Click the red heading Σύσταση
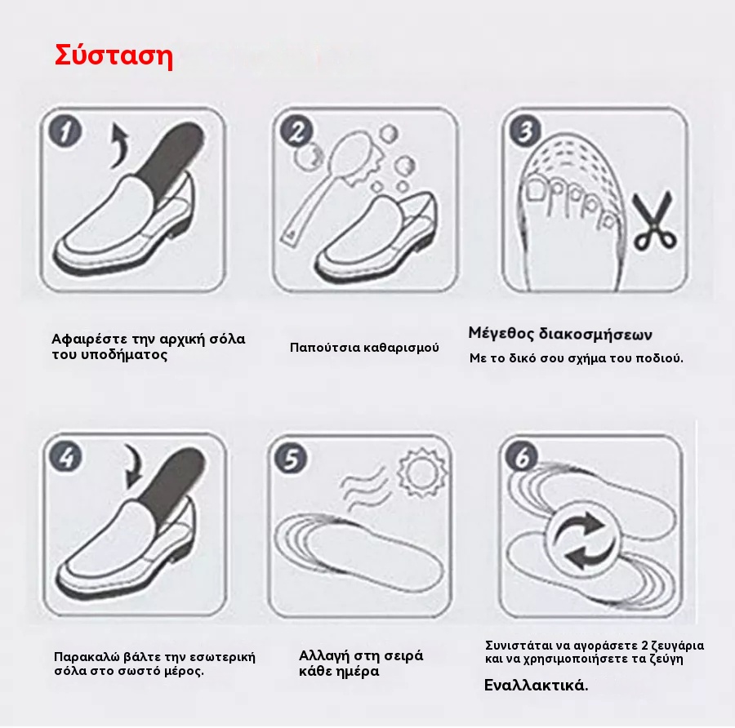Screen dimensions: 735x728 (x=114, y=56)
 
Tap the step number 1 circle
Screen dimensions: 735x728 (x=65, y=131)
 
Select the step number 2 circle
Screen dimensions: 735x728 (x=296, y=131)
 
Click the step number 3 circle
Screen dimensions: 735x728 (x=526, y=131)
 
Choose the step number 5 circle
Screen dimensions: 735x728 (x=291, y=458)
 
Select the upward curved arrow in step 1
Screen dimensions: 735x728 (x=119, y=145)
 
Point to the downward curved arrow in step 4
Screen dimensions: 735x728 (x=134, y=467)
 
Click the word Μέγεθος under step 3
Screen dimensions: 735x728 (x=501, y=334)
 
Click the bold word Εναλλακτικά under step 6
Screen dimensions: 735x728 (x=536, y=686)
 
